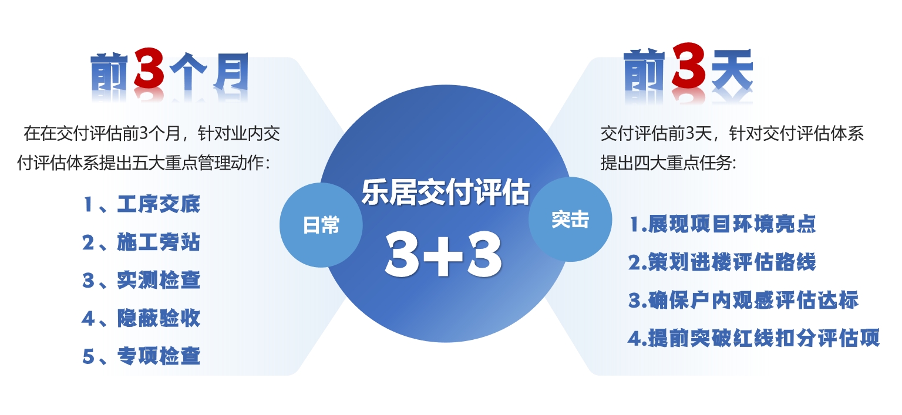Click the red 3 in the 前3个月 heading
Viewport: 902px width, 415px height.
click(149, 69)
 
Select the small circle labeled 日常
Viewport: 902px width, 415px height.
click(321, 225)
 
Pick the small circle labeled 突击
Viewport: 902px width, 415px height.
click(570, 220)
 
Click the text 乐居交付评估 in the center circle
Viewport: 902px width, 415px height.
click(446, 193)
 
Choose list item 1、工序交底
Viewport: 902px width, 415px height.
click(142, 204)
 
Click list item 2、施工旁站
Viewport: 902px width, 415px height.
click(142, 242)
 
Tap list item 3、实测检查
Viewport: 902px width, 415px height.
click(142, 280)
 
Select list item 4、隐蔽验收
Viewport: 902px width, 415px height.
click(142, 318)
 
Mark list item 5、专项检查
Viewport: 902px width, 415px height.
click(142, 356)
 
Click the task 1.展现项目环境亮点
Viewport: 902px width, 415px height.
click(723, 224)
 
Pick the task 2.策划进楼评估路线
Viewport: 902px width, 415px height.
click(722, 262)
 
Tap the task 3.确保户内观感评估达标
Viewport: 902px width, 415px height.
click(743, 301)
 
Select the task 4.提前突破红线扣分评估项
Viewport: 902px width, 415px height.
click(754, 338)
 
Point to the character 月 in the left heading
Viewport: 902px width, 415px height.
click(231, 72)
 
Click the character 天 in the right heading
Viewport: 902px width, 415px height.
click(732, 69)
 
